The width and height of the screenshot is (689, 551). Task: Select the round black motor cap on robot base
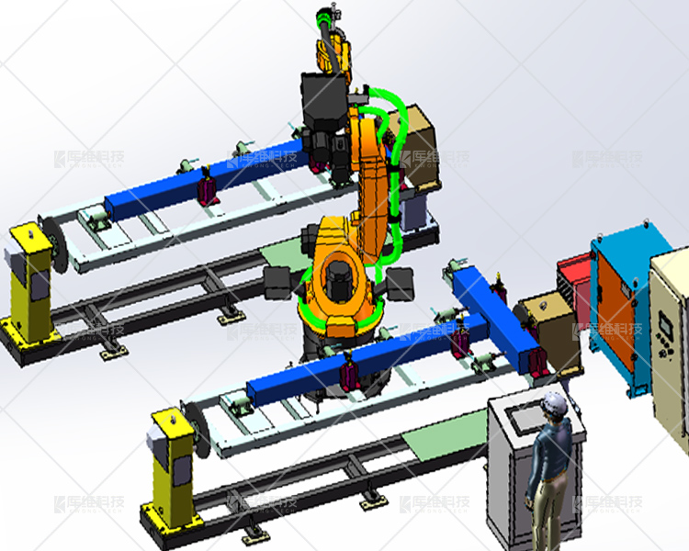[x=339, y=277]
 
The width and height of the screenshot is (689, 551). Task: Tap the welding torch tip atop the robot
[x=323, y=16]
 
